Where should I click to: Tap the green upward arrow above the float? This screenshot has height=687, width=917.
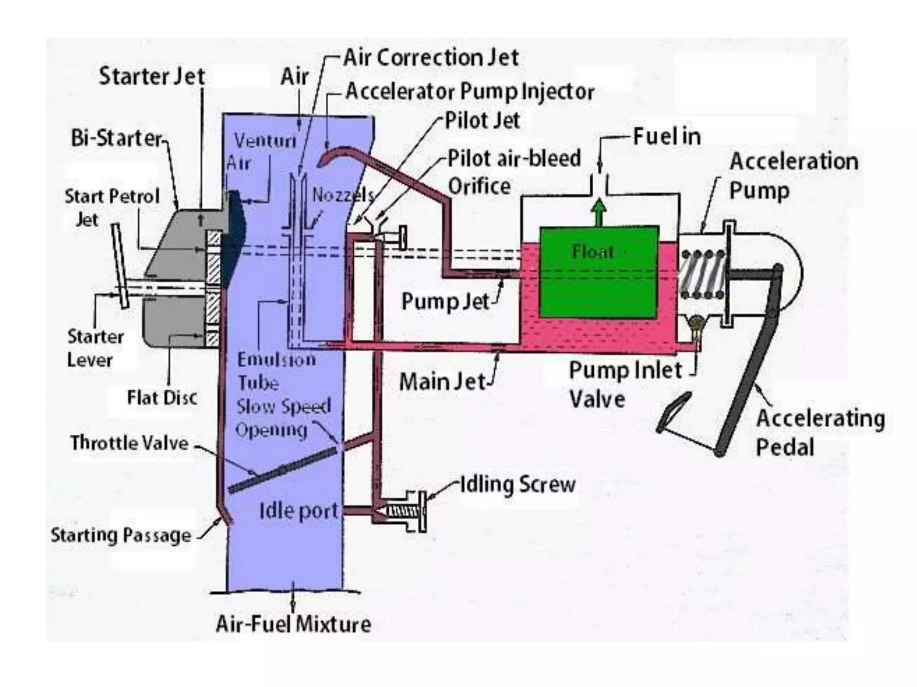coord(599,212)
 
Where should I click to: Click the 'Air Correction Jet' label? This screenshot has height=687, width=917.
coord(431,58)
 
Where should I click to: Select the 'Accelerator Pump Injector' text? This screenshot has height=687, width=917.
coord(470,92)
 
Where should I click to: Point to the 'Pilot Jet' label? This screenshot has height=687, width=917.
coord(482,120)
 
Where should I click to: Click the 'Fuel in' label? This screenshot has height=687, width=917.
coord(667,136)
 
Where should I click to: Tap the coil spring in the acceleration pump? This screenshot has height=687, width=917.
coord(702,274)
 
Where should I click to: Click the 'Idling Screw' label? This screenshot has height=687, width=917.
coord(518,484)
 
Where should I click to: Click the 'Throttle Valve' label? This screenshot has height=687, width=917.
coord(129,443)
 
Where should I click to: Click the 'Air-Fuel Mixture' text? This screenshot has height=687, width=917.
coord(293,624)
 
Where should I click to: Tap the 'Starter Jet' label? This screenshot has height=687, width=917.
coord(151,76)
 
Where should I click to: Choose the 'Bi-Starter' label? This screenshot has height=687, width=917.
coord(116,138)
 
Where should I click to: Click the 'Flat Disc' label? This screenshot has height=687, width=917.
coord(162,398)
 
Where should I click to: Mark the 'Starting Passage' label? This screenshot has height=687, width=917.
coord(121,535)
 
